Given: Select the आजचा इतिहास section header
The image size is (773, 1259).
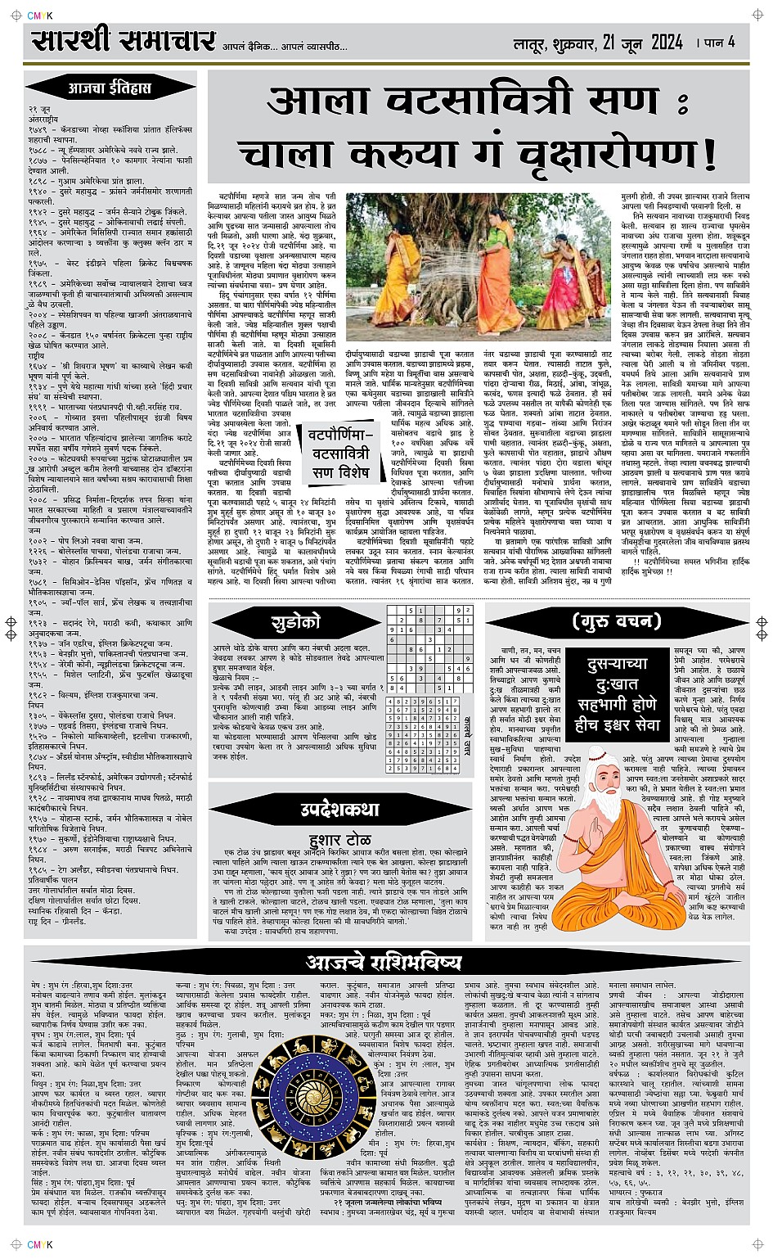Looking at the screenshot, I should coord(110,87).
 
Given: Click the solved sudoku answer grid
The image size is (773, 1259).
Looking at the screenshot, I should coord(425,736).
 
